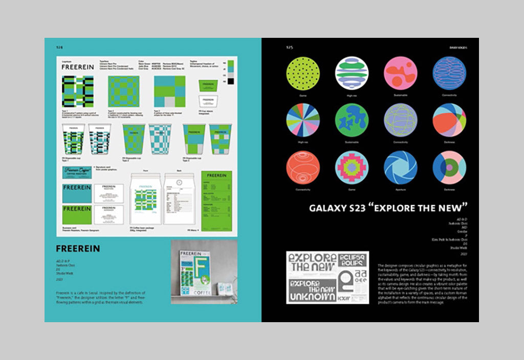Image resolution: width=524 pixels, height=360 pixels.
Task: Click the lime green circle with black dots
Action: pos(302,73)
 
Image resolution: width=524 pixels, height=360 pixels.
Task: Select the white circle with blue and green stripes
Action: pos(352,73)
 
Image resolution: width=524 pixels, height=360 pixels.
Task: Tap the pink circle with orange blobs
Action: pos(400,73)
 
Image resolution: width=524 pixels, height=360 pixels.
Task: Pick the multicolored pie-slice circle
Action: pos(302,120)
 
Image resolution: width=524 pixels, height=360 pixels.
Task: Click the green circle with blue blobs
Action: pos(352,120)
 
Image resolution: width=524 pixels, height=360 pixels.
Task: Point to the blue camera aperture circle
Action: pos(400,167)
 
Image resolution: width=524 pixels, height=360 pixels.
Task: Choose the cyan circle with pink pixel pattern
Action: pos(352,167)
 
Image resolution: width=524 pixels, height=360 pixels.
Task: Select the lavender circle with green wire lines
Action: pos(400,120)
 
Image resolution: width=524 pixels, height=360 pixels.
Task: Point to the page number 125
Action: pos(289,47)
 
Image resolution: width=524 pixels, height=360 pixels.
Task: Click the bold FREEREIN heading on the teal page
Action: pos(78,249)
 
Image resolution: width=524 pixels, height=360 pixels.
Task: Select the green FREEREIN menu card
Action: pos(216,199)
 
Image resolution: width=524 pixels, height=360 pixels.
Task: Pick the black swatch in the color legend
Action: pos(231,81)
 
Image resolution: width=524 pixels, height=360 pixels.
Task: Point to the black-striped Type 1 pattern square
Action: pos(77,92)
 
